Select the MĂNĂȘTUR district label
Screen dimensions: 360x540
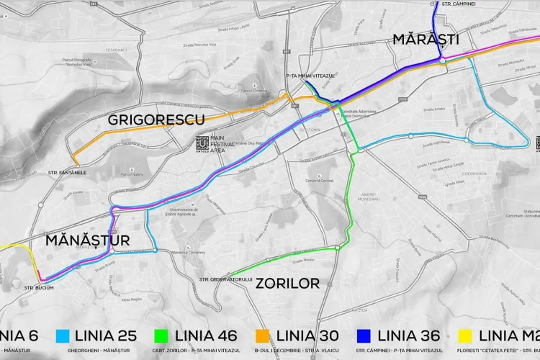pyautogui.click(x=87, y=240)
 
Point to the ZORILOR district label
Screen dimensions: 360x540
pyautogui.click(x=287, y=283)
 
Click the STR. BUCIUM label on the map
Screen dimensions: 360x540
pyautogui.click(x=40, y=288)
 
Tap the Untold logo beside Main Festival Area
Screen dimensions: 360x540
pyautogui.click(x=202, y=144)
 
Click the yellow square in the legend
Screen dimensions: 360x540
pyautogui.click(x=465, y=335)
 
